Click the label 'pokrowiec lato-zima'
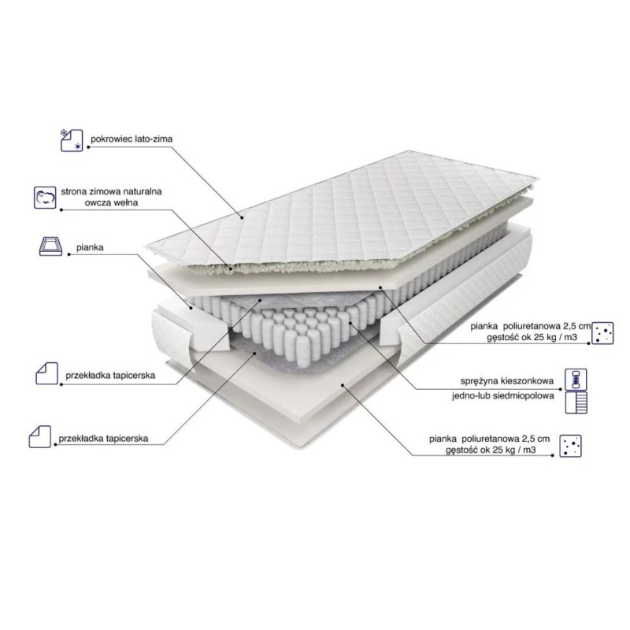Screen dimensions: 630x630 point(132,139)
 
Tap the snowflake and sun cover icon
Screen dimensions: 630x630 point(72,140)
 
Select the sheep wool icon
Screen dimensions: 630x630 point(45,198)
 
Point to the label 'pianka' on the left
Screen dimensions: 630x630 point(90,247)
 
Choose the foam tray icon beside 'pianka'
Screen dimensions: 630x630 point(50,246)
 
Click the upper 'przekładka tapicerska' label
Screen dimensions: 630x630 point(110,376)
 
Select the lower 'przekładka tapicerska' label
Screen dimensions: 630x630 point(103,439)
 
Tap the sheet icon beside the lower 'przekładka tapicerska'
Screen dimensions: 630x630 point(40,436)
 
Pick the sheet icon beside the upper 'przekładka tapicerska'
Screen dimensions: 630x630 point(47,373)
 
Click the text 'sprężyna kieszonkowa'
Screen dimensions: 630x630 point(507,381)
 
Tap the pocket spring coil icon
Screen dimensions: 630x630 point(576,380)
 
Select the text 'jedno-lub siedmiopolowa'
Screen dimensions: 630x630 point(503,396)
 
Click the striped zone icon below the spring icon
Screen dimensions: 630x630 point(576,402)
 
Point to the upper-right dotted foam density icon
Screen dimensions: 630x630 point(602,333)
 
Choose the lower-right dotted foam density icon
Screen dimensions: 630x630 point(570,446)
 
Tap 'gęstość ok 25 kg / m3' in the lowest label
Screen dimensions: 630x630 point(491,450)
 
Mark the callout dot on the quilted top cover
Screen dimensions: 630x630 point(243,218)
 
